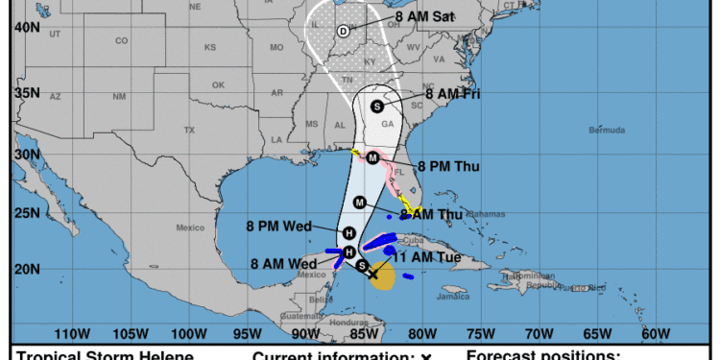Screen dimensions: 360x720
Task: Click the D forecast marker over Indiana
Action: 343,32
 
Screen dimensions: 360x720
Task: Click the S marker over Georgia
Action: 377,106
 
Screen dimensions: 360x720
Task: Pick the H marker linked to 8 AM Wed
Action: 348,252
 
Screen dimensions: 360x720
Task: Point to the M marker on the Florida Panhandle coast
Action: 372,157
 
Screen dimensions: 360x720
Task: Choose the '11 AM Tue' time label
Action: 430,257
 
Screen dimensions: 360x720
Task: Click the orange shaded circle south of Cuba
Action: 382,279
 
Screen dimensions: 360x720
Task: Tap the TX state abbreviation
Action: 189,130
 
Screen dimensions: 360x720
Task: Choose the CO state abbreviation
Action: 121,41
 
